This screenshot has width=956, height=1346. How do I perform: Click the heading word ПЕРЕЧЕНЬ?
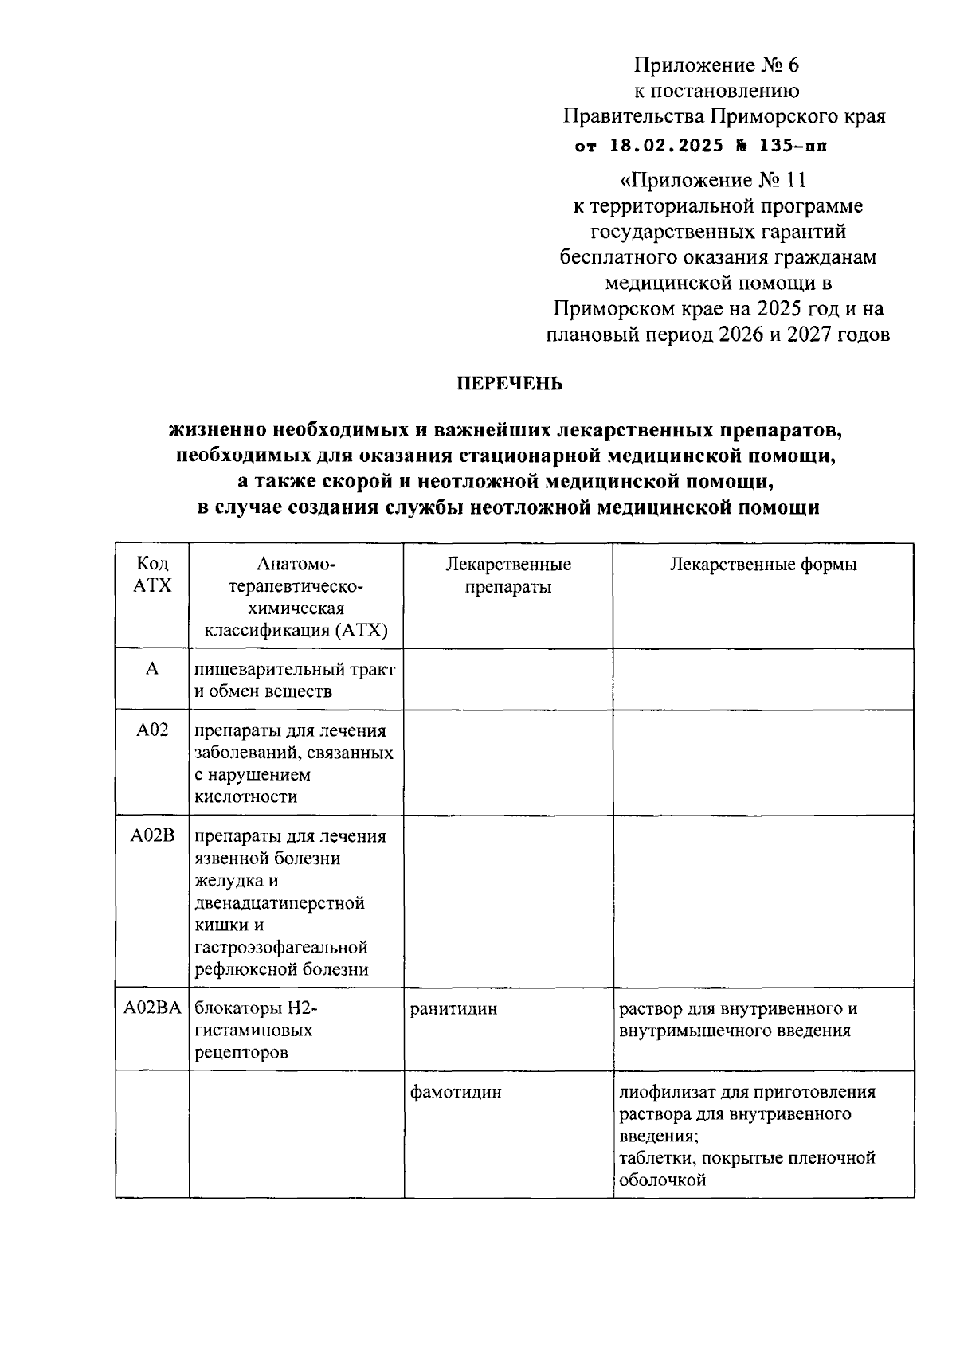(x=510, y=384)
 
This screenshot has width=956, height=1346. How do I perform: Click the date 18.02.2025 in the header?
(x=667, y=146)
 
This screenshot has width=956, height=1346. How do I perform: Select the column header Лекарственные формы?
(x=763, y=565)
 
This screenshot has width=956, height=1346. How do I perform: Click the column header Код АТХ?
(x=151, y=575)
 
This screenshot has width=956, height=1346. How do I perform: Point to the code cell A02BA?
(x=151, y=1008)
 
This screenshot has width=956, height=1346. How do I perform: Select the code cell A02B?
(x=151, y=835)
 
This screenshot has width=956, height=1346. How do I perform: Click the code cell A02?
(x=151, y=730)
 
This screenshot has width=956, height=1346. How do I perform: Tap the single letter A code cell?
(x=151, y=669)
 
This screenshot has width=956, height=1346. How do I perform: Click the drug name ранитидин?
(x=453, y=1009)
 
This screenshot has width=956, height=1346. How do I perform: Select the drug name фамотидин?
(x=456, y=1092)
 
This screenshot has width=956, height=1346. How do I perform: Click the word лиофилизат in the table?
(x=663, y=1092)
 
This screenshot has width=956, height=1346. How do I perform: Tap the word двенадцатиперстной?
(x=280, y=903)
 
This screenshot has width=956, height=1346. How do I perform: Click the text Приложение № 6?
(x=716, y=65)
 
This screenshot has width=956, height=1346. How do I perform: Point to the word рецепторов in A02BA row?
(x=241, y=1052)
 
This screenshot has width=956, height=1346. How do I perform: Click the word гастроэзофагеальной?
(x=281, y=947)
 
